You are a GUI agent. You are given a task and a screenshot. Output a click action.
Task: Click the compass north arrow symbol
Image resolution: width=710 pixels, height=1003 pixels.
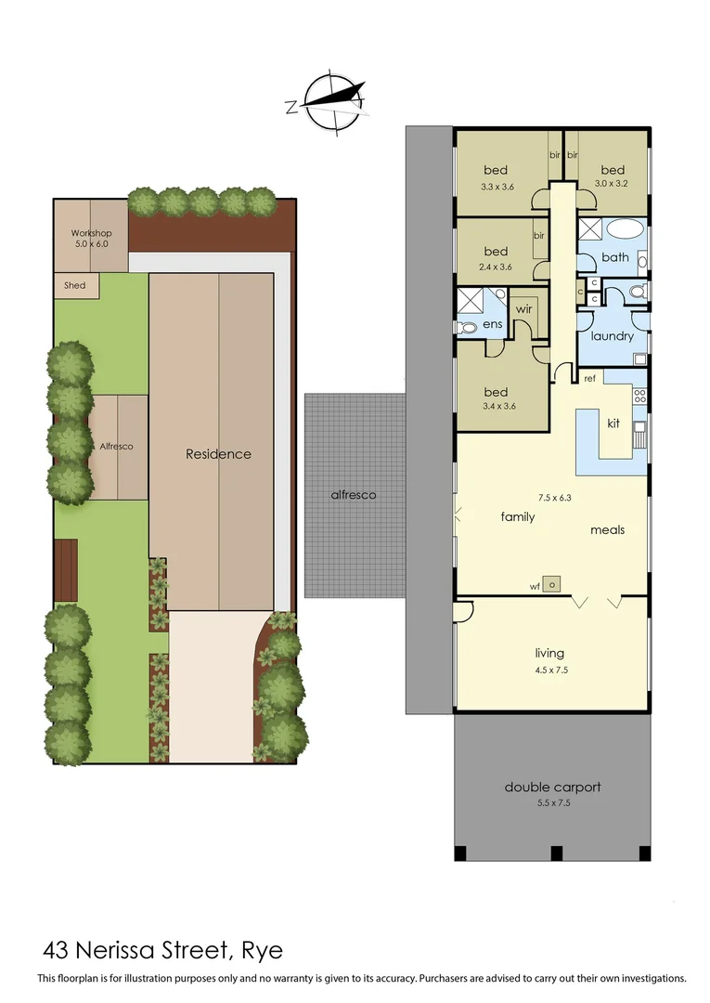(x=327, y=100)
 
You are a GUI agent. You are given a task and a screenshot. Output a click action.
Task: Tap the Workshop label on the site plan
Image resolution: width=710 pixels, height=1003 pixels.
(x=91, y=233)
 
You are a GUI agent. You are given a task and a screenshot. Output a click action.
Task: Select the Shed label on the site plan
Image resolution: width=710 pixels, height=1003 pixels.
(x=74, y=285)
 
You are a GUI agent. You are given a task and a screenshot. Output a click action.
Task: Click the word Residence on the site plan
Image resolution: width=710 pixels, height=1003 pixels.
(x=218, y=454)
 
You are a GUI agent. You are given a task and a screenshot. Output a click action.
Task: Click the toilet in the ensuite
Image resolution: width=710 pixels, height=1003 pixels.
(x=463, y=327)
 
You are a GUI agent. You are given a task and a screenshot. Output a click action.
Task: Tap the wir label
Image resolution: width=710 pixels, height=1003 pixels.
(x=523, y=308)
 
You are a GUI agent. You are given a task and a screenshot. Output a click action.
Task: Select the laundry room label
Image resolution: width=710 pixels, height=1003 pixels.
(x=612, y=336)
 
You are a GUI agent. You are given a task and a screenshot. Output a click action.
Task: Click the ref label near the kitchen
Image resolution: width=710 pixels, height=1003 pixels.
(x=588, y=378)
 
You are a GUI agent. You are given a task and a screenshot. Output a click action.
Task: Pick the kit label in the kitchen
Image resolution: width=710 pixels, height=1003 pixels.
(x=613, y=423)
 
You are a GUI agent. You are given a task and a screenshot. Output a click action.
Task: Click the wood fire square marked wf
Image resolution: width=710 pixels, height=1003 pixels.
(x=552, y=584)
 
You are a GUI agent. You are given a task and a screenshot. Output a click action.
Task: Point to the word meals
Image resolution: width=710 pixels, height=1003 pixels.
(x=607, y=530)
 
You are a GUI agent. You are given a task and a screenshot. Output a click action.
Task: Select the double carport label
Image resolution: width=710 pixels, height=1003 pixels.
(x=552, y=787)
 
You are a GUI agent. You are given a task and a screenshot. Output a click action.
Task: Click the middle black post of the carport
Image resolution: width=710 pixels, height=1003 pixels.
(x=556, y=853)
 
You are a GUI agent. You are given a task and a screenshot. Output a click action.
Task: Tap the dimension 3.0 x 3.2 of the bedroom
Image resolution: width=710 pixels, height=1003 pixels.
(x=612, y=183)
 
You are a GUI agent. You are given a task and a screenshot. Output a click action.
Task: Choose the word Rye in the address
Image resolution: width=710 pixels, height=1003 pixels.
(x=262, y=950)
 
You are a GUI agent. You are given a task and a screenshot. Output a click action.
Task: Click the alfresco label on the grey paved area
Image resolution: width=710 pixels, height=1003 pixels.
(x=354, y=495)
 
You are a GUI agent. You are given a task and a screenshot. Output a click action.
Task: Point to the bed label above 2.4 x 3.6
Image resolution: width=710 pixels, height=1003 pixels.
(x=496, y=251)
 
